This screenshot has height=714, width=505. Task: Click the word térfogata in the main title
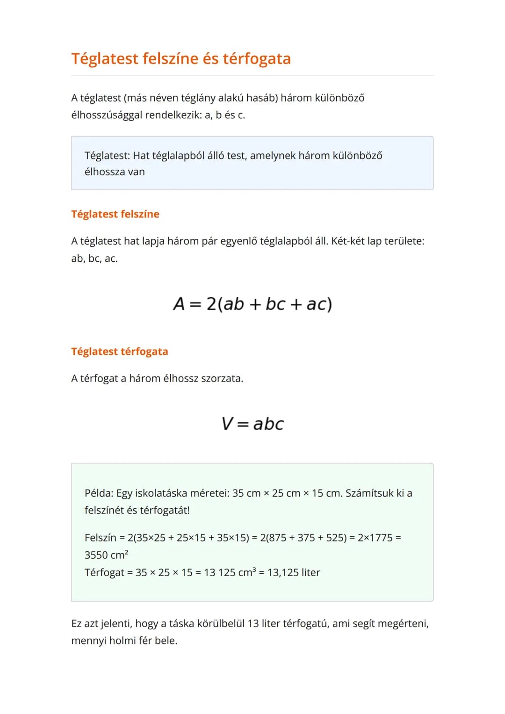coord(256,59)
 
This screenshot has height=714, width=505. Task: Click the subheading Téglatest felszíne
coord(115,214)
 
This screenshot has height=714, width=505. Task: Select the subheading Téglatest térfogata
coord(119,352)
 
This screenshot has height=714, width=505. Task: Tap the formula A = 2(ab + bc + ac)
coord(252,304)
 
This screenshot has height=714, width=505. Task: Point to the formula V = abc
coord(252,424)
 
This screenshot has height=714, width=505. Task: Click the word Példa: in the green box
coord(99,493)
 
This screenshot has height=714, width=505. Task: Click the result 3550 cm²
coord(106,555)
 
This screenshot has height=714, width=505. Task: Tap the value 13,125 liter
coord(294,573)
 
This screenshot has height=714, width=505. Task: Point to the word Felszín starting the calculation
coord(100,538)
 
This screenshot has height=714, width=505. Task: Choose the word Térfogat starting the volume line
coord(104,573)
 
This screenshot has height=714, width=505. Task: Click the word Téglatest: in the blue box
coord(107,156)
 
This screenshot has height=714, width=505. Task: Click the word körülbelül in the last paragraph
coord(221,624)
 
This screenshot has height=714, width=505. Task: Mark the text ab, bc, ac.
coord(94,259)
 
